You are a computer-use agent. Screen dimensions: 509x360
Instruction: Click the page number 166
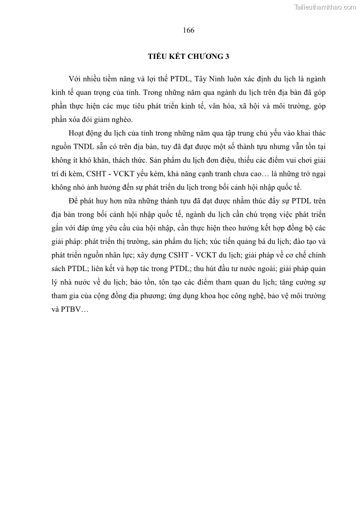pyautogui.click(x=189, y=30)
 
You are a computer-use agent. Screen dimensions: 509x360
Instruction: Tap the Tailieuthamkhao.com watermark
pyautogui.click(x=325, y=6)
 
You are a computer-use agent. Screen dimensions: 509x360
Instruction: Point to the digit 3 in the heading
pyautogui.click(x=227, y=56)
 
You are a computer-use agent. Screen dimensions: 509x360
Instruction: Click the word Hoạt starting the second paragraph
pyautogui.click(x=78, y=133)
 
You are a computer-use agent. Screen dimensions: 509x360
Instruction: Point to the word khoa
pyautogui.click(x=208, y=297)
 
